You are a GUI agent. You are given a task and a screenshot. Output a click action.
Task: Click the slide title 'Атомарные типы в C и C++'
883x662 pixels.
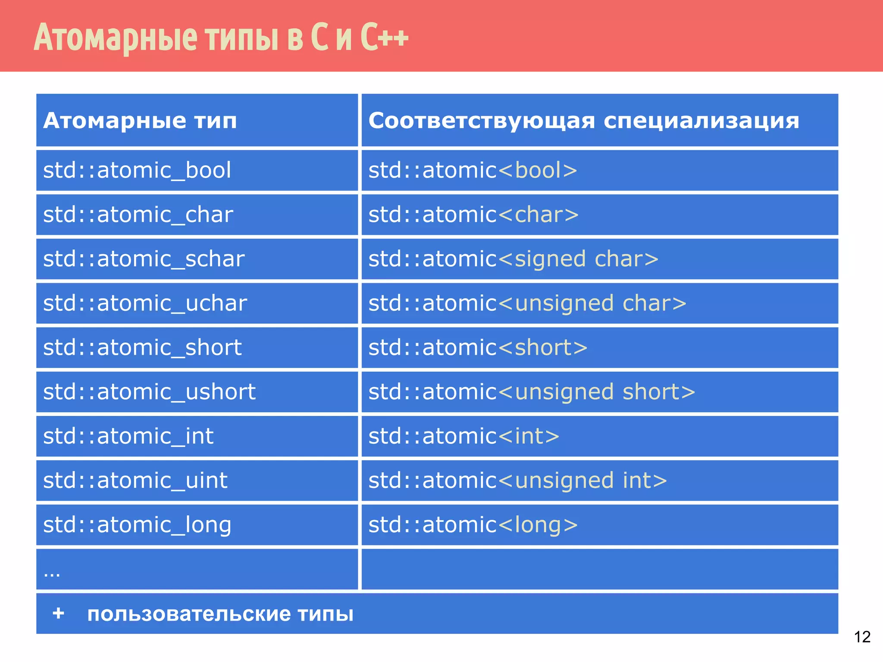click(221, 37)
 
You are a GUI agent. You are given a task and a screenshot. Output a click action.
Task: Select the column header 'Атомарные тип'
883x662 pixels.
click(140, 121)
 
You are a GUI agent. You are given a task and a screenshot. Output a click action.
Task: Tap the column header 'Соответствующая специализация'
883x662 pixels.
click(583, 121)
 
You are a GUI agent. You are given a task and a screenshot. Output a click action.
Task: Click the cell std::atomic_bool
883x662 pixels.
click(137, 170)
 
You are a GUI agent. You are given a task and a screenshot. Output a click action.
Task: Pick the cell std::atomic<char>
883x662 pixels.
click(473, 215)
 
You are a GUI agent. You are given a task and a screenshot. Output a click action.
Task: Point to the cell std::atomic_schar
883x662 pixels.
click(144, 259)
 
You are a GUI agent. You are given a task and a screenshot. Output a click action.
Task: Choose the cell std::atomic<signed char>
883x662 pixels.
click(513, 259)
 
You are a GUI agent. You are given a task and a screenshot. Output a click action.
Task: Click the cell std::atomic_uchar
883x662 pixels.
click(145, 303)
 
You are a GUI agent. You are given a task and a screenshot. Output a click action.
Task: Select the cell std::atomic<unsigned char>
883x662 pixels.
click(527, 303)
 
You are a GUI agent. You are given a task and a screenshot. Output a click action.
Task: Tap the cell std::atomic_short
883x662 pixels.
click(142, 348)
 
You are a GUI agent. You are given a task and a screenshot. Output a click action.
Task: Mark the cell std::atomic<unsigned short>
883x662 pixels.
click(531, 392)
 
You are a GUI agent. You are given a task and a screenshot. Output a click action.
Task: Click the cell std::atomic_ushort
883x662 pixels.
click(149, 392)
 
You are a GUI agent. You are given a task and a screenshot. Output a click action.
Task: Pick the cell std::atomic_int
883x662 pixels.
click(128, 436)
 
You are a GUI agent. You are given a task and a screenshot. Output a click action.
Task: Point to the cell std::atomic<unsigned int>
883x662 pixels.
click(517, 481)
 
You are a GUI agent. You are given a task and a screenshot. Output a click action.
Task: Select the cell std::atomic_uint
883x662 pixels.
click(135, 481)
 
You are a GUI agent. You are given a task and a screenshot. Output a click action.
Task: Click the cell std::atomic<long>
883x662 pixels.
click(473, 525)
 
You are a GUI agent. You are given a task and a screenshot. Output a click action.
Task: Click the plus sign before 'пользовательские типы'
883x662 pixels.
click(58, 613)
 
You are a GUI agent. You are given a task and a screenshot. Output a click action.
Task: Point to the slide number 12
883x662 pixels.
click(862, 637)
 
